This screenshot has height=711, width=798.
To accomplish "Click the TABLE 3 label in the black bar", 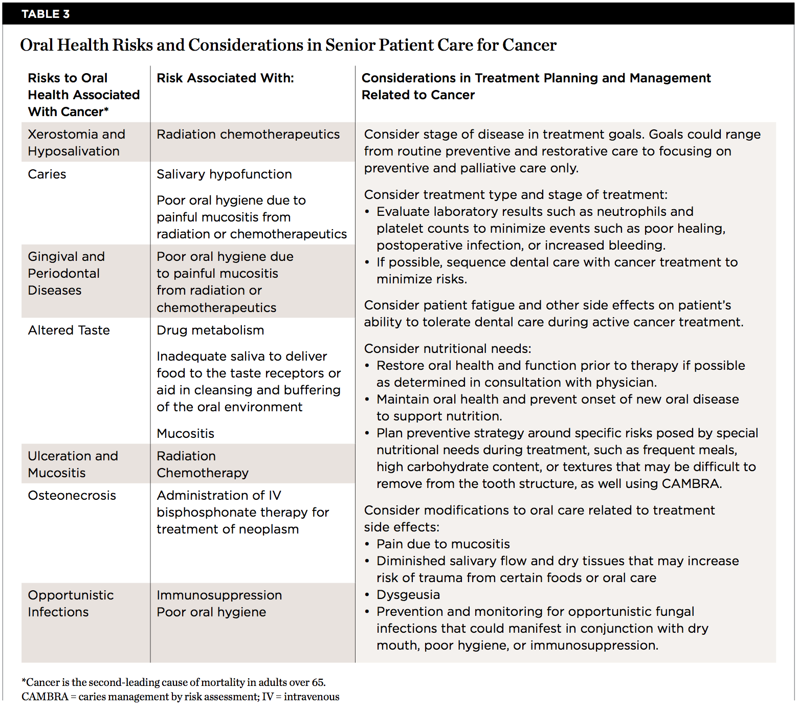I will pos(46,14).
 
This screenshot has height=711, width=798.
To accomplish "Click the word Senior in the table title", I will pos(349,45).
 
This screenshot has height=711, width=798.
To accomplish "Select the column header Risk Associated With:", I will pos(225,78).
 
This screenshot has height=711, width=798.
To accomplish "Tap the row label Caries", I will pos(47,174).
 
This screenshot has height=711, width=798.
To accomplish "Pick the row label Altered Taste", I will pos(69,330).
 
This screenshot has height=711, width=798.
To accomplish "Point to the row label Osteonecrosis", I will pos(72,496).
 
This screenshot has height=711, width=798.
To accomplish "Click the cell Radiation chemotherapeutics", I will pos(248,135).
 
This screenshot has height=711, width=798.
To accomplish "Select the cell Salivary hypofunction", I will pos(224,174).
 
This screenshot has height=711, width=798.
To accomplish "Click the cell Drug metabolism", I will pos(210,330).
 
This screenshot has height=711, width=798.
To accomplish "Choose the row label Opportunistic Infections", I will pos(71,604).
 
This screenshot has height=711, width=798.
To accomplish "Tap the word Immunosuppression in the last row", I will pos(219,595).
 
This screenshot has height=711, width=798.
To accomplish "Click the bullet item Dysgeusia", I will pos(408,595).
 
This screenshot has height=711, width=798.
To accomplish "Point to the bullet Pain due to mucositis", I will pos(443,544).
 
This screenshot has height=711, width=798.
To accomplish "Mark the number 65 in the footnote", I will pos(318,682).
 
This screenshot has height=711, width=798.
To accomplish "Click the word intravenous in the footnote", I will pos(312,697).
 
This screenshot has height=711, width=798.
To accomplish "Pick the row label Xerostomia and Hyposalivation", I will pos(76,143).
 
